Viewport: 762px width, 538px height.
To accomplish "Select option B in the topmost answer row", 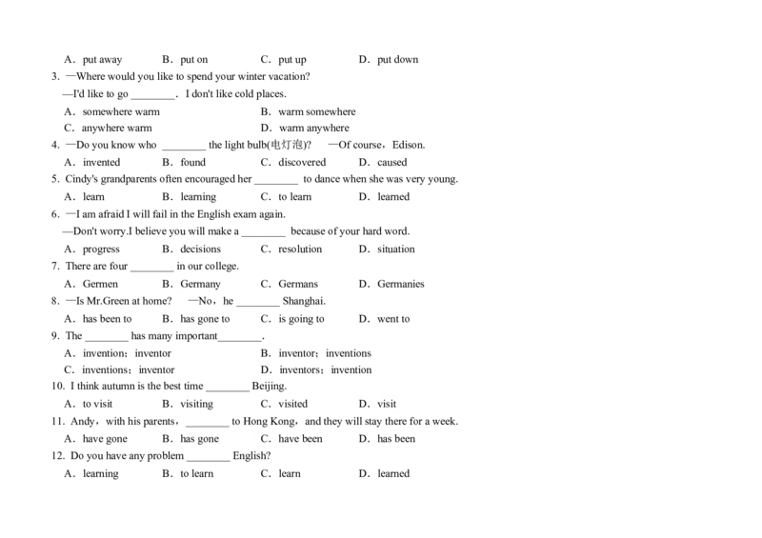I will (x=206, y=61).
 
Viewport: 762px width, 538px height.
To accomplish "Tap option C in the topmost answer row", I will (x=305, y=61).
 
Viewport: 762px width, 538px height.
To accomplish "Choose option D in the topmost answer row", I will (x=404, y=61).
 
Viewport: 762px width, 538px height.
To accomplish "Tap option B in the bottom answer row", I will (x=206, y=475).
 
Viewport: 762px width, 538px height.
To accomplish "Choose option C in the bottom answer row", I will (x=305, y=475).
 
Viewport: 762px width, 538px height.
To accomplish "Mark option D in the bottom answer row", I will (x=404, y=475).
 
